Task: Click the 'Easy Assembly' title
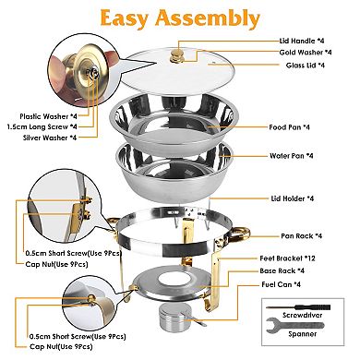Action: (x=180, y=18)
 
